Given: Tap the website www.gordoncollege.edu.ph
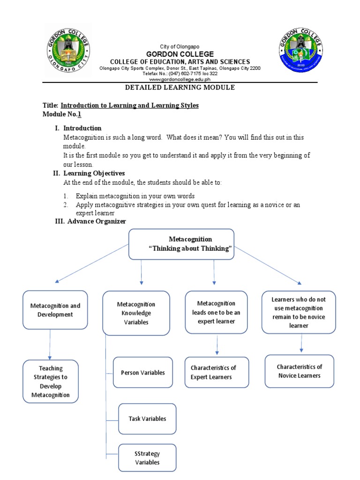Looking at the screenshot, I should coord(180,80).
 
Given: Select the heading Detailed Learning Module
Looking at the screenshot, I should coord(180,88).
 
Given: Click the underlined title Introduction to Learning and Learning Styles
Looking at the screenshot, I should coord(129,105).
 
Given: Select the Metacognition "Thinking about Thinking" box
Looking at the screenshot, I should coord(181,244).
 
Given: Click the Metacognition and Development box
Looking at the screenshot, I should coord(55,310).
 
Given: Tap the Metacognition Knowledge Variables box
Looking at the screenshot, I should coord(136,313).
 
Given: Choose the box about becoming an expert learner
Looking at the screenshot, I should coord(216,312).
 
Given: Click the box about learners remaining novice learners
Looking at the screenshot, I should coord(299,312).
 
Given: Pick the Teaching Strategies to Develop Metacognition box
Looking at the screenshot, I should coord(51,382).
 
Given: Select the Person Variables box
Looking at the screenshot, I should coord(142,373).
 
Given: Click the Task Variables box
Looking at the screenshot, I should coord(147,419).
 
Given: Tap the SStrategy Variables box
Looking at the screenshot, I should coord(147,457).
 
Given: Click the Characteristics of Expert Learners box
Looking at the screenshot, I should coord(217,372).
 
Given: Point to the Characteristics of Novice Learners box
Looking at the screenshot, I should coord(299,371).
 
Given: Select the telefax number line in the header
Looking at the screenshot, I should coord(180,74).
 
